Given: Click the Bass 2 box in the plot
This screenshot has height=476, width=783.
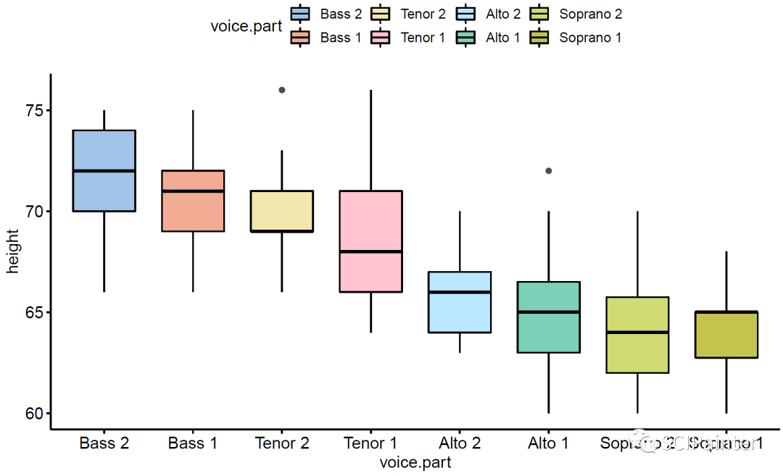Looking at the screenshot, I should pyautogui.click(x=104, y=171).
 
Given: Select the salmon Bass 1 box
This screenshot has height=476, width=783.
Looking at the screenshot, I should pyautogui.click(x=193, y=201).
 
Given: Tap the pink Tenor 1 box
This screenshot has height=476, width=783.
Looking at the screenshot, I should pyautogui.click(x=371, y=241).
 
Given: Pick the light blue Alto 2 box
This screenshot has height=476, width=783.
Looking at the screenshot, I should pyautogui.click(x=460, y=302).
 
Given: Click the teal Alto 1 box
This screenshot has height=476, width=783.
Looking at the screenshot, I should pyautogui.click(x=549, y=317).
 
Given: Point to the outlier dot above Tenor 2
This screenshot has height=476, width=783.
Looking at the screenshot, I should pyautogui.click(x=282, y=90).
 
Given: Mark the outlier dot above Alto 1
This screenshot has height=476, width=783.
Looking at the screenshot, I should pyautogui.click(x=549, y=171).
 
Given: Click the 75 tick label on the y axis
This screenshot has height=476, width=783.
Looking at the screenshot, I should pyautogui.click(x=34, y=110).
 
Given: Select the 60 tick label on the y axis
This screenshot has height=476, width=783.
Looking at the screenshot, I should pyautogui.click(x=34, y=414).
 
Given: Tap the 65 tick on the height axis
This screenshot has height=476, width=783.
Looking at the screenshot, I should pyautogui.click(x=34, y=312).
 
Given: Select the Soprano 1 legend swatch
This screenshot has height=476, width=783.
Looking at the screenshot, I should pyautogui.click(x=539, y=38).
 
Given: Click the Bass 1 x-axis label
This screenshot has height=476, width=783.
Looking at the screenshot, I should pyautogui.click(x=193, y=443).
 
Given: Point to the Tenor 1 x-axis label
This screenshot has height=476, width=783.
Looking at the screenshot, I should pyautogui.click(x=371, y=443).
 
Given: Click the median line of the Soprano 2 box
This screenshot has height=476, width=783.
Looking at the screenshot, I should pyautogui.click(x=637, y=333).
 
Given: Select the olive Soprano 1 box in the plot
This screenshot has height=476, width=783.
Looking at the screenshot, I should pyautogui.click(x=726, y=335).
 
